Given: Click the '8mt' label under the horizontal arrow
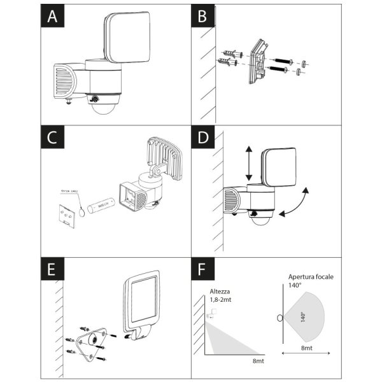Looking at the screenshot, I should [x=306, y=349].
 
